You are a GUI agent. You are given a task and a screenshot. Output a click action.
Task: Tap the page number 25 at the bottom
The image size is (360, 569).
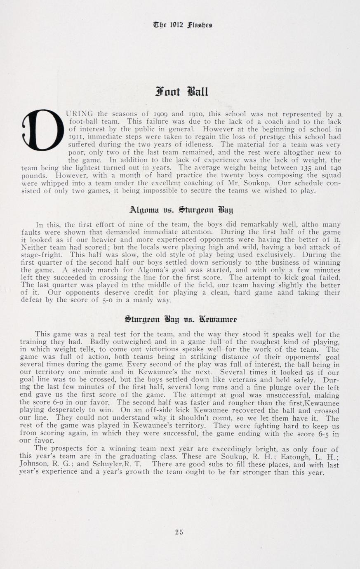click(179, 532)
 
